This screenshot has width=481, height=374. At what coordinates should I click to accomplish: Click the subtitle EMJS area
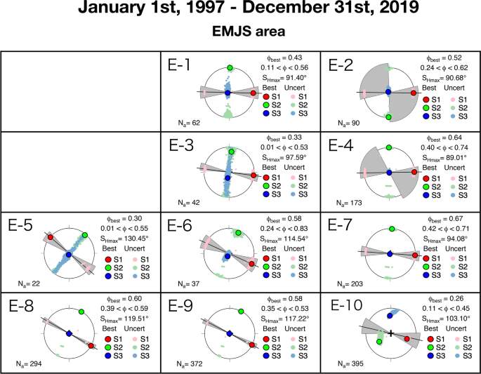pyautogui.click(x=240, y=32)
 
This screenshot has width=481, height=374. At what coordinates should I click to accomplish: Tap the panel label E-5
pyautogui.click(x=22, y=227)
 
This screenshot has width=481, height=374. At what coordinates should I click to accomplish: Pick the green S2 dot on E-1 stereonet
pyautogui.click(x=229, y=67)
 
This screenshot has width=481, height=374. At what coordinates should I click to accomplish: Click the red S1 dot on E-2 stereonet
pyautogui.click(x=414, y=93)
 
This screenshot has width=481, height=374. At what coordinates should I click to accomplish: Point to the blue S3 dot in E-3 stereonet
pyautogui.click(x=228, y=173)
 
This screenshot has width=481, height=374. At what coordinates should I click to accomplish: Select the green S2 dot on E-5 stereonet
pyautogui.click(x=84, y=234)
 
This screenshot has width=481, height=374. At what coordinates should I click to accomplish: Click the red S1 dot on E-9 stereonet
pyautogui.click(x=251, y=345)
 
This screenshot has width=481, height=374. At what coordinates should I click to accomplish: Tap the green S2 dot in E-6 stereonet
pyautogui.click(x=239, y=233)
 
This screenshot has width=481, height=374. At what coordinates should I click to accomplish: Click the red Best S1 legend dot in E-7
pyautogui.click(x=427, y=259)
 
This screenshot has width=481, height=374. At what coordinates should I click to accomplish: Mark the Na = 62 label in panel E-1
pyautogui.click(x=190, y=123)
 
